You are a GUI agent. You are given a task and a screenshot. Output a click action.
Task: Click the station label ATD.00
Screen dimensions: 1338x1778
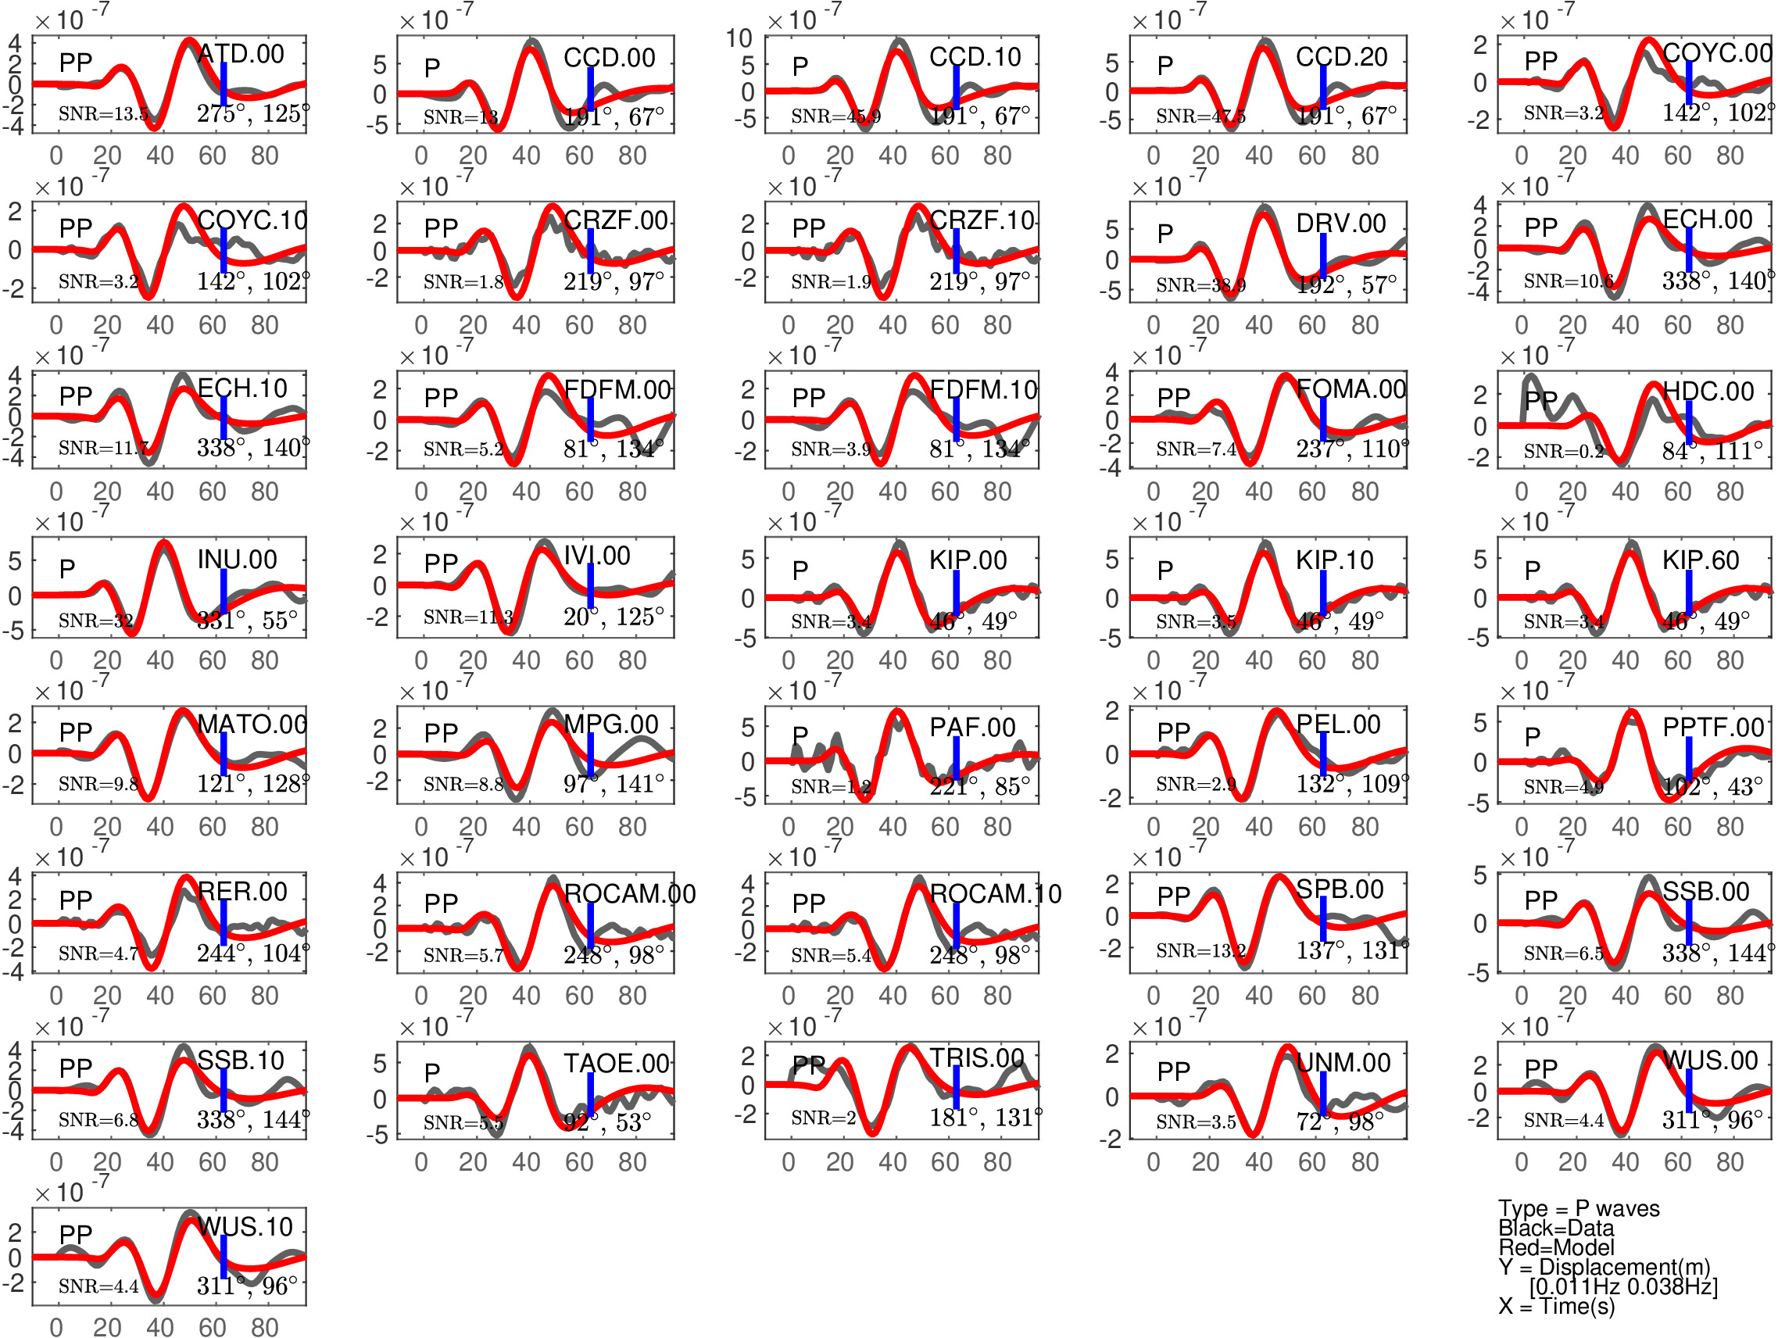(x=241, y=54)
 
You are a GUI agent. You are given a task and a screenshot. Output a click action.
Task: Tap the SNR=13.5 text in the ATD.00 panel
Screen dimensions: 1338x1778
(x=104, y=114)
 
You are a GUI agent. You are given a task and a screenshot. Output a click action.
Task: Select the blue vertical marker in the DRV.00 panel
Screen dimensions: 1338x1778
(x=1323, y=256)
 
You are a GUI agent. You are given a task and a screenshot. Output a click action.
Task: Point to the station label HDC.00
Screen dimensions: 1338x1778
(x=1708, y=392)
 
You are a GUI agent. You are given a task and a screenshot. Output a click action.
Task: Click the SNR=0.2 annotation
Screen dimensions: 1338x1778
(x=1563, y=452)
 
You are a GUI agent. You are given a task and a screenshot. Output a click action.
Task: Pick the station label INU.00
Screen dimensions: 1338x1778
(x=237, y=560)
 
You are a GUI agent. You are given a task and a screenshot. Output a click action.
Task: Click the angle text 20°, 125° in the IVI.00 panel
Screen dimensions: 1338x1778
(x=614, y=617)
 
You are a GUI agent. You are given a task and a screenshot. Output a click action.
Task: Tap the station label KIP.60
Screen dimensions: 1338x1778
(x=1701, y=560)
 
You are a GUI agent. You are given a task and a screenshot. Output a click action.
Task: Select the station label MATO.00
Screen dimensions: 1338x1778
(x=252, y=724)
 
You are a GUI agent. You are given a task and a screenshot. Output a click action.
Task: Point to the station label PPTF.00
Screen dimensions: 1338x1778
(x=1713, y=728)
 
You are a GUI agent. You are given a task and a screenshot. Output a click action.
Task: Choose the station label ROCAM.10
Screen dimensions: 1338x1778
(x=995, y=893)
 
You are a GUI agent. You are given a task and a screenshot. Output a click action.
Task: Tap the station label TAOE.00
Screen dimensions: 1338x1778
(x=617, y=1064)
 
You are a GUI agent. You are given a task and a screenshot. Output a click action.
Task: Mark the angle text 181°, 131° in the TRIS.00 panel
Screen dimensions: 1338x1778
(x=986, y=1118)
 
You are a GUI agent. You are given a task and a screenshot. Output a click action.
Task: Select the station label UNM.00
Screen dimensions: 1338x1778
(x=1343, y=1063)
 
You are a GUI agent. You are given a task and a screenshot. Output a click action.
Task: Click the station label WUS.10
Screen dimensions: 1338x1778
(x=245, y=1227)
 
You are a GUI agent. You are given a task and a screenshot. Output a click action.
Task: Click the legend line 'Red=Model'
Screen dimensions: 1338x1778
(x=1556, y=1247)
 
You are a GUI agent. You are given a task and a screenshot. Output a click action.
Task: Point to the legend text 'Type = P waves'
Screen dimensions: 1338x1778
(x=1579, y=1208)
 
